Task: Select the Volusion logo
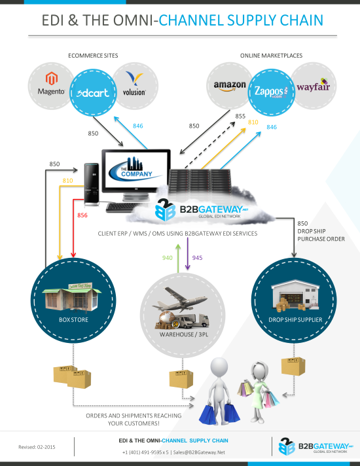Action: point(134,85)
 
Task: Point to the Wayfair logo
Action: point(313,86)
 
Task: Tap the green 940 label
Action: point(167,257)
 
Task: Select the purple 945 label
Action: point(197,257)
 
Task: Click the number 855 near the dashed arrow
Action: point(240,116)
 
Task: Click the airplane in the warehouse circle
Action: point(179,299)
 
